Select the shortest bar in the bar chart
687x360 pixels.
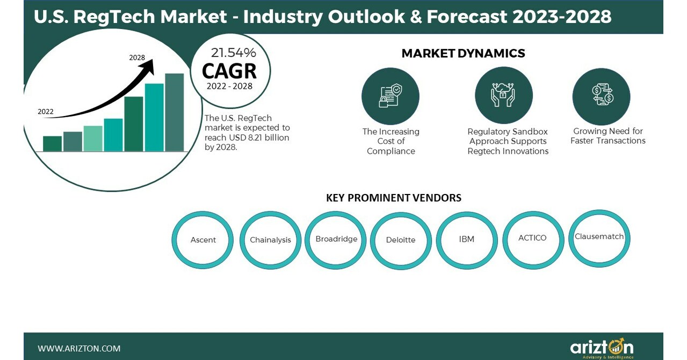pos(52,143)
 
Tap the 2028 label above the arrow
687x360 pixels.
pos(137,57)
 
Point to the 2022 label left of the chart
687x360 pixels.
pos(46,112)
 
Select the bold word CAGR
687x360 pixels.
pos(229,71)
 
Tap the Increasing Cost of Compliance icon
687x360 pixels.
pos(390,96)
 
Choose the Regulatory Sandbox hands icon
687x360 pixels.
pos(503,95)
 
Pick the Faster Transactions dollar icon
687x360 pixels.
pos(601,96)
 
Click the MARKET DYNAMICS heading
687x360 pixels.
pos(463,53)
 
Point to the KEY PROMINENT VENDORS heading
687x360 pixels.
pos(393,198)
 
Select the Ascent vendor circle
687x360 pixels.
pos(203,240)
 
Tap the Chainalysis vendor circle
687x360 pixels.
pos(270,240)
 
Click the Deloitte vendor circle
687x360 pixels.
pos(401,240)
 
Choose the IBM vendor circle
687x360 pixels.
pos(467,239)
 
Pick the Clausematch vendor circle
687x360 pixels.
pos(599,236)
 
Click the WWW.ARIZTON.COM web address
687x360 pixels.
pos(79,349)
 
